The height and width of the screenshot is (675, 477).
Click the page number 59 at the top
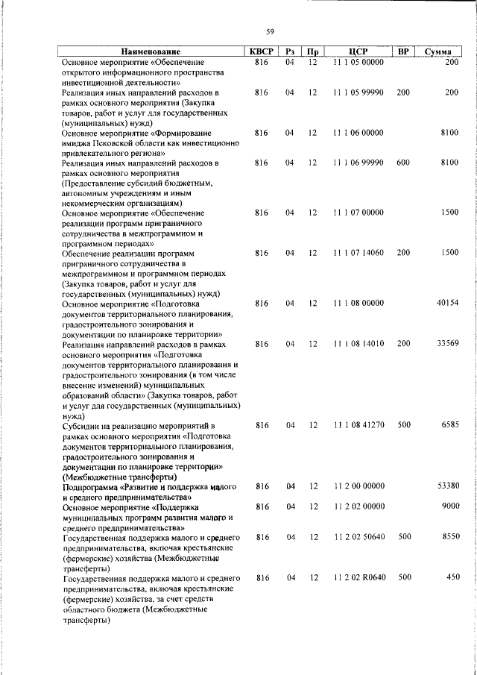[x=271, y=31]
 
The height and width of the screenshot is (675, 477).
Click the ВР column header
[x=403, y=52]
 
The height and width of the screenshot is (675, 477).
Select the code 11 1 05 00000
[x=358, y=62]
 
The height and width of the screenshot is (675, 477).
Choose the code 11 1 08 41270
[x=358, y=425]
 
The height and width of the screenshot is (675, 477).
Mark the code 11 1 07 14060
[x=358, y=253]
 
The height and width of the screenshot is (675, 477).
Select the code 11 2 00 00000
[x=358, y=486]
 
